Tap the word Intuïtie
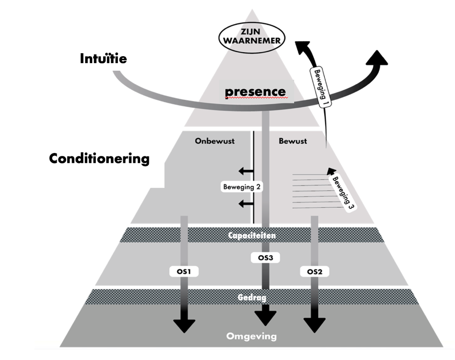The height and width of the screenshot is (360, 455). (103, 59)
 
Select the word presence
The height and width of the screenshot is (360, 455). (255, 92)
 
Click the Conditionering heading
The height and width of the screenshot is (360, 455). (99, 158)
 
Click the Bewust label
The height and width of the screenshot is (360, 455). (293, 141)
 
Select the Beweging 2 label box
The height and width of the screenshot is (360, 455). (242, 187)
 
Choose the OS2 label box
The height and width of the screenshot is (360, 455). (314, 271)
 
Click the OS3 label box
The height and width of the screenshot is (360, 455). (265, 258)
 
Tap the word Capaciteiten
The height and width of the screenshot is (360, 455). (252, 235)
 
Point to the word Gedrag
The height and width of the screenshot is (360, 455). (252, 297)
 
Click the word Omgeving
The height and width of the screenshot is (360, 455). (252, 336)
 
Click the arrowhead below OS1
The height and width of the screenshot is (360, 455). (184, 324)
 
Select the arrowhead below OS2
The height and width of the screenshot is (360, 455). (314, 324)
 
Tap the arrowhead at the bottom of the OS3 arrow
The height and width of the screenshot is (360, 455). (265, 317)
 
